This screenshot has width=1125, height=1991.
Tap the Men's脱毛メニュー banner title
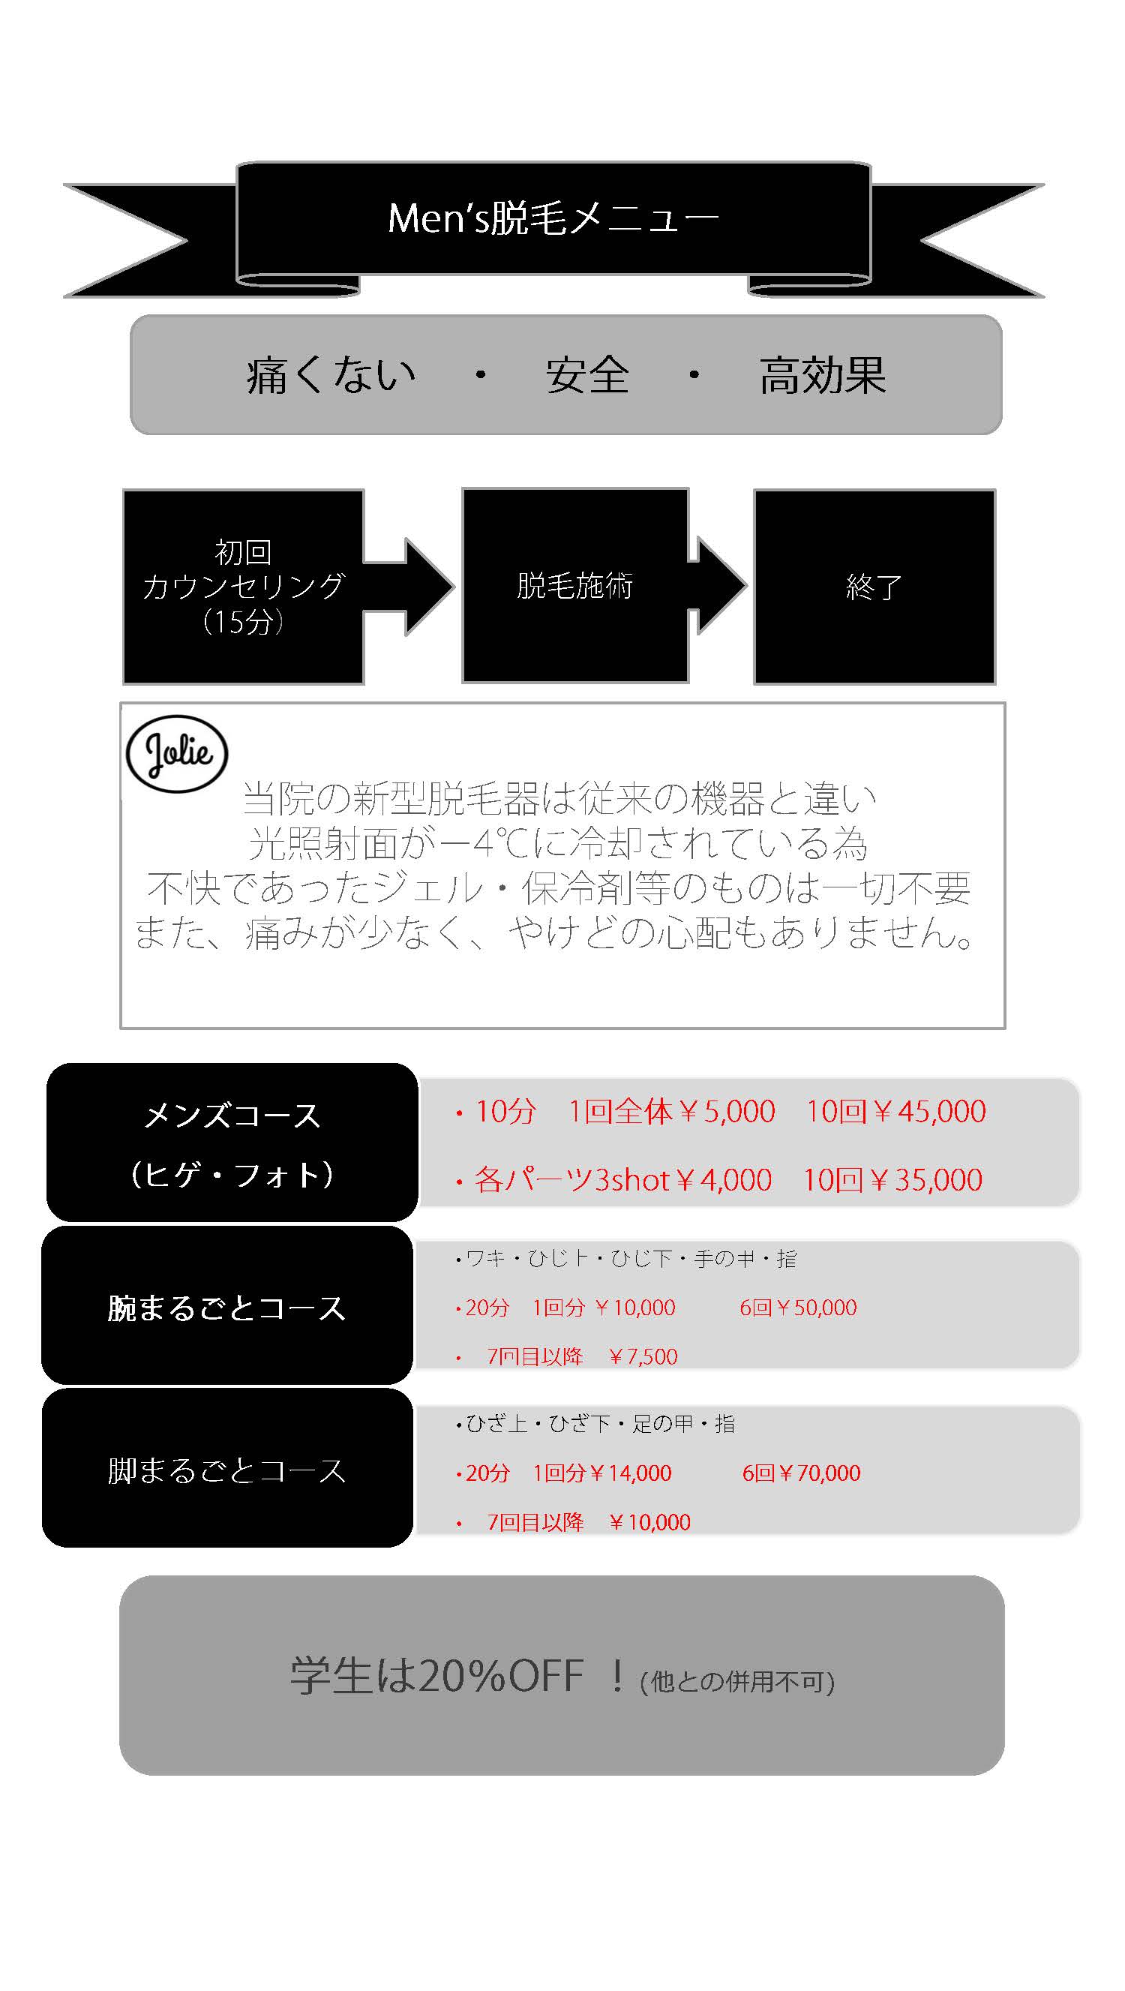coord(553,218)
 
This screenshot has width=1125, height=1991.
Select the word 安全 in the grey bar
coord(587,376)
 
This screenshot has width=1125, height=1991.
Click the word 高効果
coord(822,376)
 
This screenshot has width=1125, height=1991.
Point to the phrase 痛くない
coord(331,376)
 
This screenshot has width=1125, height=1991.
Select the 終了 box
coord(874,587)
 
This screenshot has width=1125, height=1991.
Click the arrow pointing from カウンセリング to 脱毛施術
coord(409,587)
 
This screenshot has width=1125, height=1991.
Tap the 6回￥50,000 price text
coord(798,1308)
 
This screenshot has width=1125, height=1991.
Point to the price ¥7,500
coord(643,1356)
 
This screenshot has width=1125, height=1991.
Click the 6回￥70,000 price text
coord(801,1473)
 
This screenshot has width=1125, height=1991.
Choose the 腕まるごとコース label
coord(226,1308)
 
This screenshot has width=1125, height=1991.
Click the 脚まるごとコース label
coord(226,1471)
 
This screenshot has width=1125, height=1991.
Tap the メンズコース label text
coord(232,1116)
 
